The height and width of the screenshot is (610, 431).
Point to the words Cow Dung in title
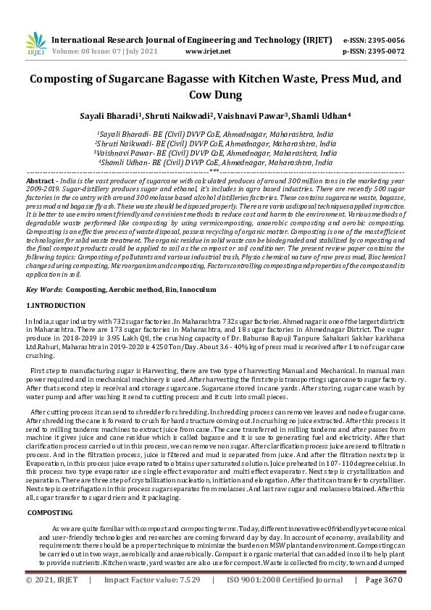(x=215, y=95)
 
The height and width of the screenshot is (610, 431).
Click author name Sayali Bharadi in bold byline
(x=109, y=115)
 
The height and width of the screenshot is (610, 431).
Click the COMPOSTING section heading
(x=49, y=512)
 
